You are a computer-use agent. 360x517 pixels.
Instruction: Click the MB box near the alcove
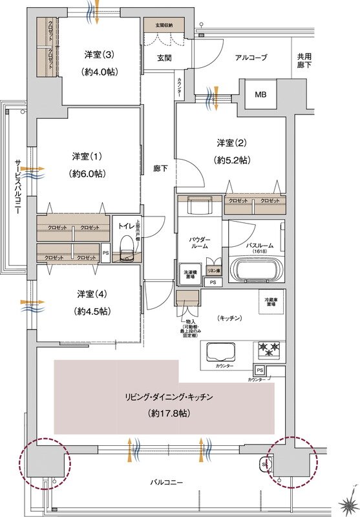[x=260, y=95]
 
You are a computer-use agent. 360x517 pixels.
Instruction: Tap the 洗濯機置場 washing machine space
[x=190, y=274]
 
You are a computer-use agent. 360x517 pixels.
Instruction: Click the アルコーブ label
[x=251, y=58]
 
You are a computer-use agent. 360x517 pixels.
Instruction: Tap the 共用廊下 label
[x=304, y=62]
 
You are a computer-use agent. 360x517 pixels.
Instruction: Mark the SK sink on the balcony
[x=265, y=462]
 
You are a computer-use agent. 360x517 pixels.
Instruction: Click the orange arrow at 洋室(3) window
[x=96, y=12]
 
